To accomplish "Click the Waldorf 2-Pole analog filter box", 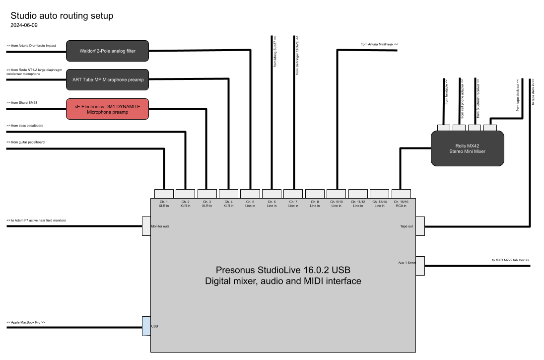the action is [107, 51].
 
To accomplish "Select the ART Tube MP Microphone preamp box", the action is [107, 79].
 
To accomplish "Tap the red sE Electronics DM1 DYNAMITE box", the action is [107, 109].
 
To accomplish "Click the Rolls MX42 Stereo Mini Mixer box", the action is [468, 148].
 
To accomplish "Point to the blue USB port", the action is [146, 326].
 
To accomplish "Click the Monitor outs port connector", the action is [146, 226].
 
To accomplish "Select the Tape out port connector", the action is [420, 226].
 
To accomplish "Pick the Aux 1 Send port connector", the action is [420, 266].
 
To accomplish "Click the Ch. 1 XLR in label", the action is [164, 204].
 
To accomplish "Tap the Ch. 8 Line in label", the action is [315, 204].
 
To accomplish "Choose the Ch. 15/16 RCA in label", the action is [401, 204].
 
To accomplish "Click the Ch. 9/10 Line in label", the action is [336, 204].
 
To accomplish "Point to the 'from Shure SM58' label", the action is [22, 102].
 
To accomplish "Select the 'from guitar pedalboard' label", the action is [25, 142].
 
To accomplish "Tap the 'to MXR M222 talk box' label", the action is [511, 260].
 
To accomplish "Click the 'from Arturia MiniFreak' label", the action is [379, 44].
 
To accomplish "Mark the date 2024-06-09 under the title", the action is [24, 25].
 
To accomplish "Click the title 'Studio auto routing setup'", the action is [62, 15].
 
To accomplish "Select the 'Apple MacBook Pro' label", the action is [26, 322].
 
